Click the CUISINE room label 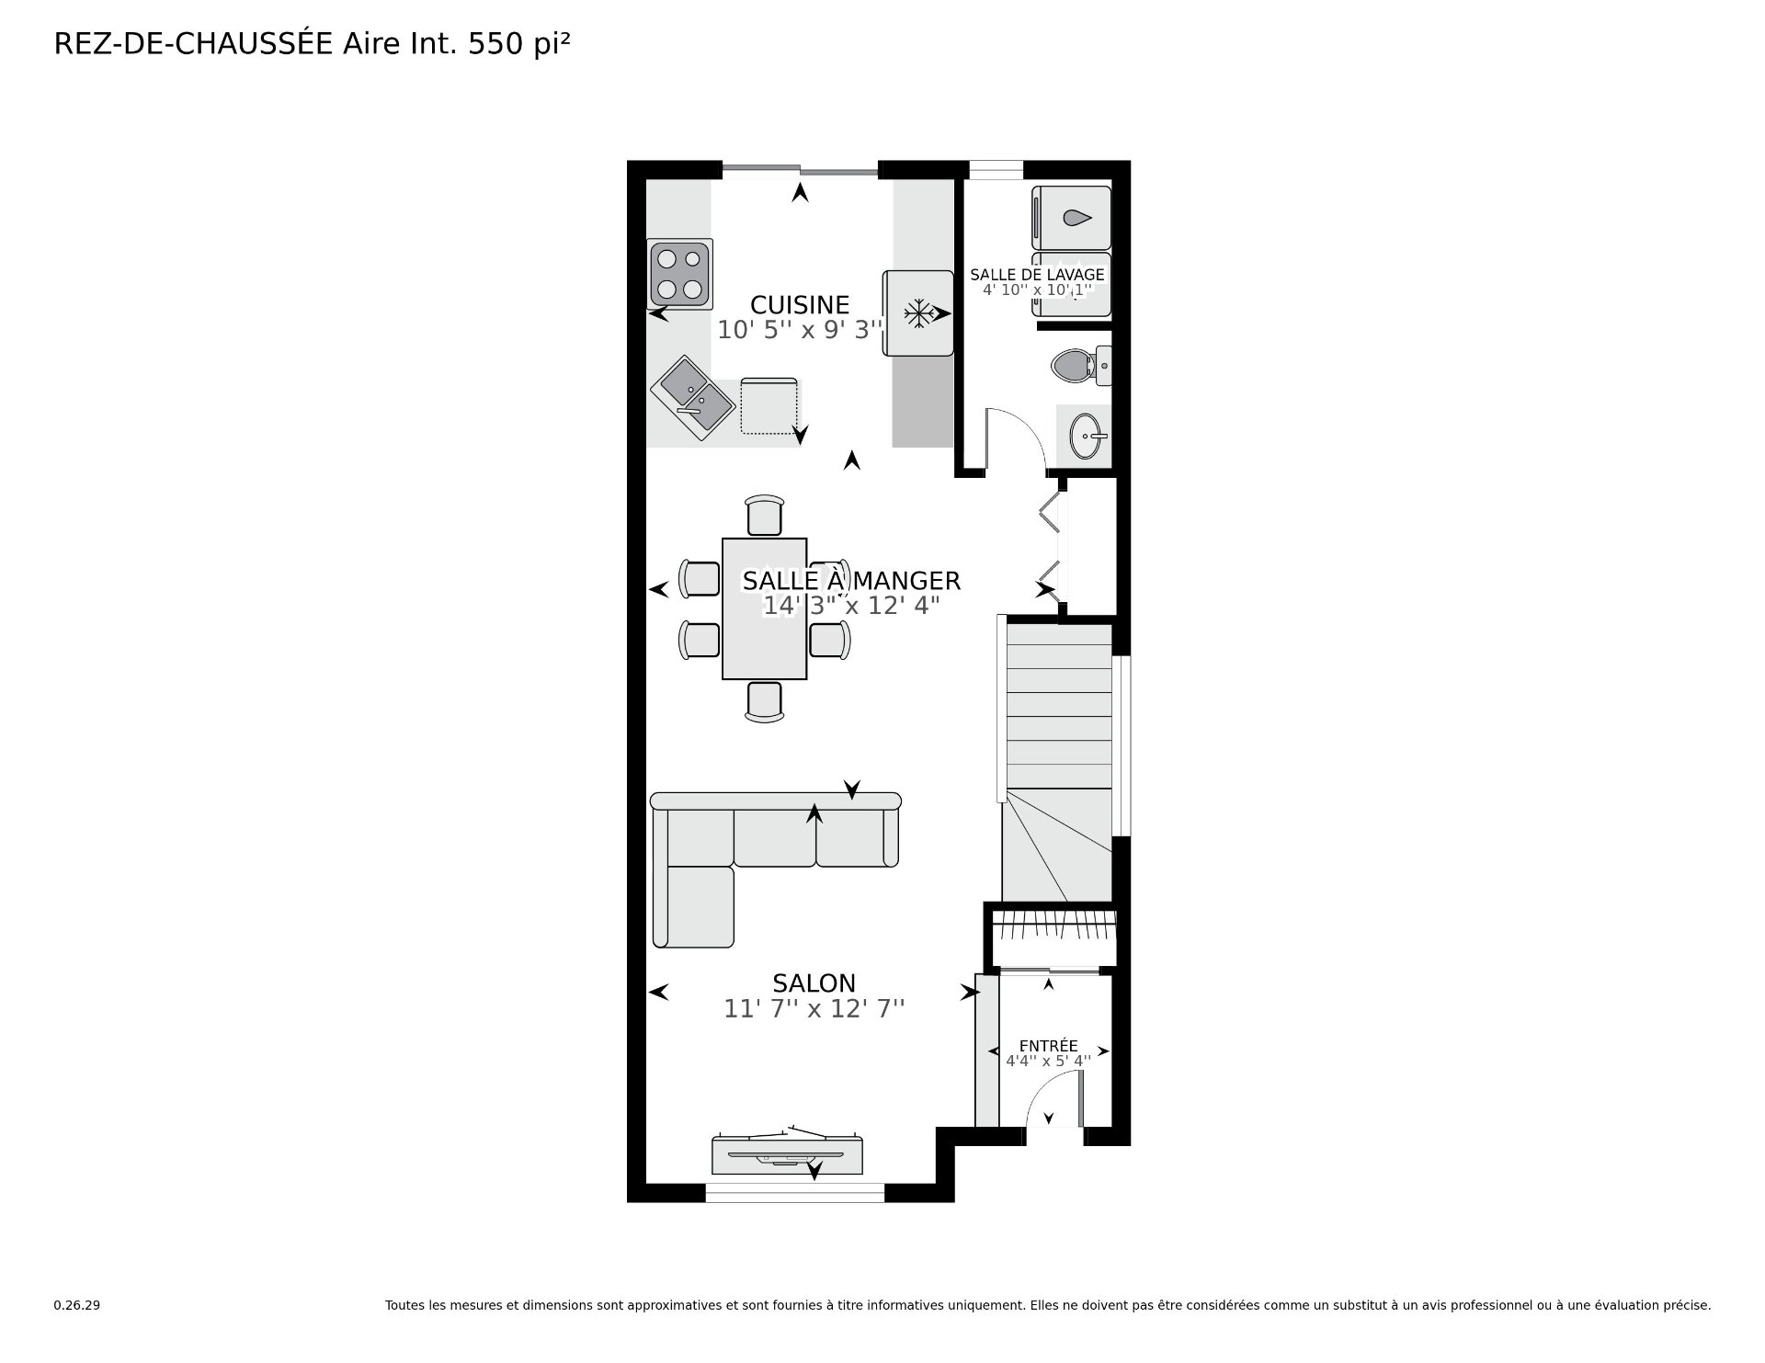(x=800, y=305)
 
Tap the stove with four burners (x=680, y=273)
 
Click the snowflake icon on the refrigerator (x=917, y=313)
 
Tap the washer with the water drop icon (x=1072, y=218)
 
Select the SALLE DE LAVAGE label (x=1037, y=275)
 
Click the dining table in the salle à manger (x=765, y=608)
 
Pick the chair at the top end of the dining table (x=765, y=515)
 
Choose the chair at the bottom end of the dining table (x=765, y=702)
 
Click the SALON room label (x=814, y=983)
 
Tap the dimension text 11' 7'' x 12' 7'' (x=814, y=1009)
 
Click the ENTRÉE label (x=1049, y=1046)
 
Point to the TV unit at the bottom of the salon (x=788, y=1154)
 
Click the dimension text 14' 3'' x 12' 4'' (x=851, y=606)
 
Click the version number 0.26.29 (x=77, y=1305)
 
